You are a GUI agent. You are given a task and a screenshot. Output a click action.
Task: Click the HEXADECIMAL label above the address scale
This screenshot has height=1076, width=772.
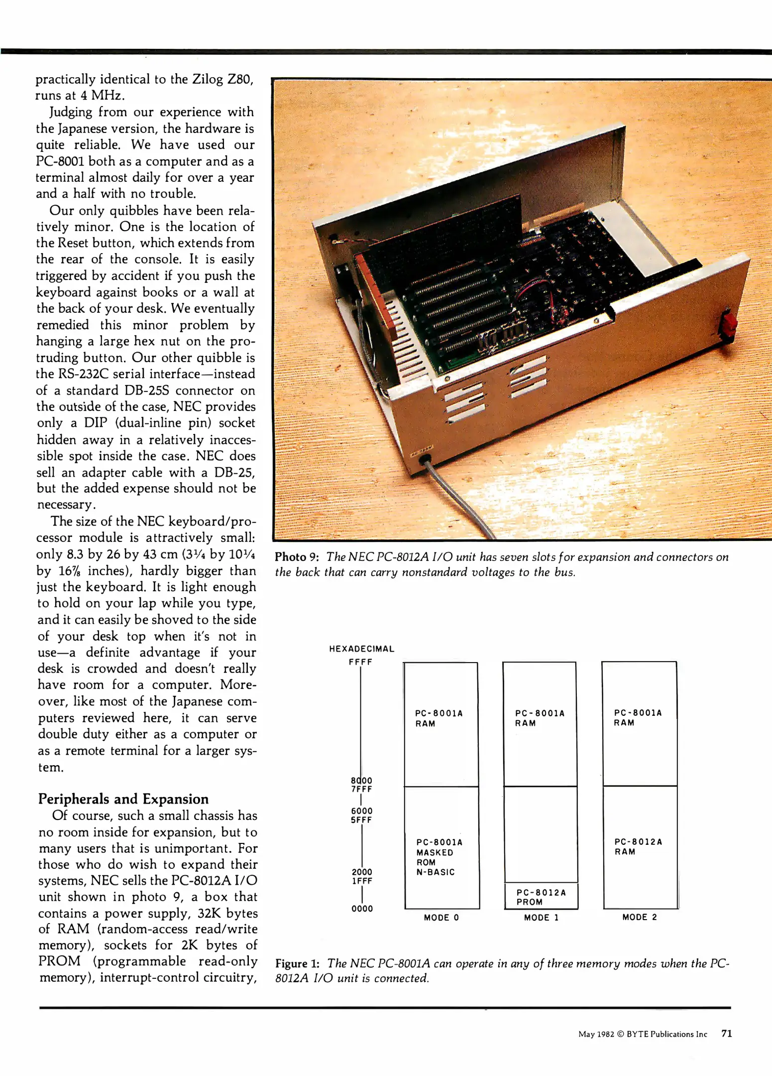point(361,649)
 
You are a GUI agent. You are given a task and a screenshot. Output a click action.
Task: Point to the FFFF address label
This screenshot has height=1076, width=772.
point(360,662)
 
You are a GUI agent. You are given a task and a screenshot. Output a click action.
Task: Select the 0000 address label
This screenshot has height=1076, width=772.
point(362,908)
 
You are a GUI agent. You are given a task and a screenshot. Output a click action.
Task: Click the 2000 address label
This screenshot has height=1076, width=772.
point(362,871)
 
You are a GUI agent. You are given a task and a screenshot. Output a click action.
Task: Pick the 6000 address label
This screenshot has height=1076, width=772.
point(362,810)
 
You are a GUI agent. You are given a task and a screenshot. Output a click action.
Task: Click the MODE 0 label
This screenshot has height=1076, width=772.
point(441,917)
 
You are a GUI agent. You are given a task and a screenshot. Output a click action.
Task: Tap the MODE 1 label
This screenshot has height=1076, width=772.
point(541,917)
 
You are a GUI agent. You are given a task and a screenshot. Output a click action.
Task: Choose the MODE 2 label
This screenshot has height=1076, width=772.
point(639,917)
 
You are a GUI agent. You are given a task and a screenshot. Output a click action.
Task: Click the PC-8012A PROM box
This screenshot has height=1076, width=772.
point(541,897)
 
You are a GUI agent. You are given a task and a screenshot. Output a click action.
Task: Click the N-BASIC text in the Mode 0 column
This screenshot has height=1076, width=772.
point(436,872)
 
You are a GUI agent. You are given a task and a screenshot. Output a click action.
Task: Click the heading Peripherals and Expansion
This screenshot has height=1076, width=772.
point(123,799)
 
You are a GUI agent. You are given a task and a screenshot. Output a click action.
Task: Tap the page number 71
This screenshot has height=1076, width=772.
point(726,1034)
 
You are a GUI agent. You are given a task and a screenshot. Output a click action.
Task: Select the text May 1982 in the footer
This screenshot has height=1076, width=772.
point(596,1034)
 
